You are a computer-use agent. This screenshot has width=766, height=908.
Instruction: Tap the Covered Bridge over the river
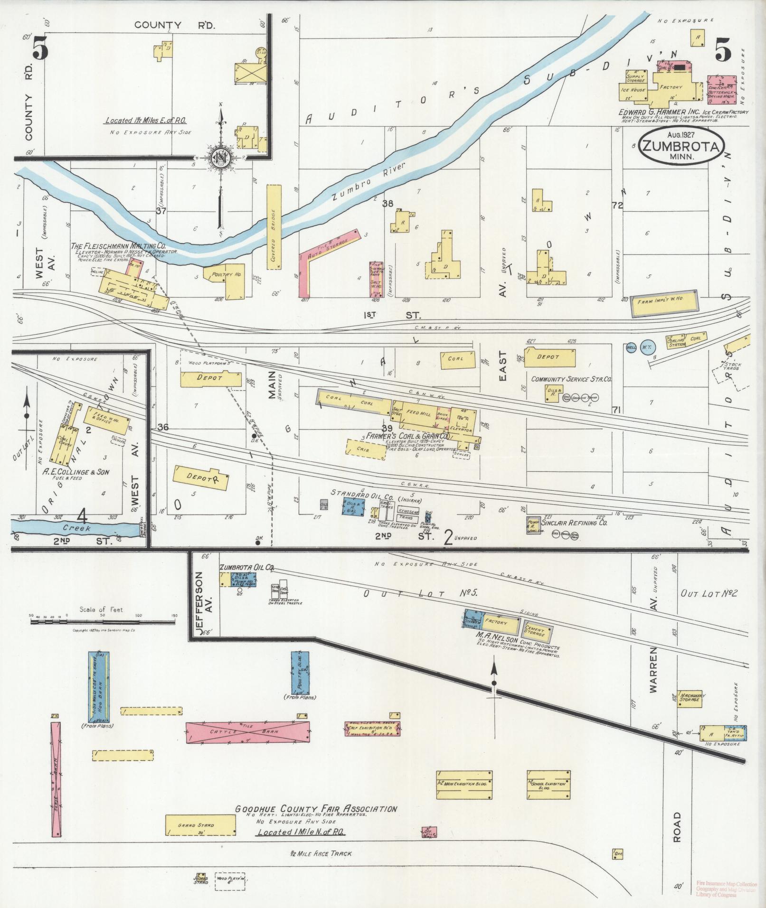click(x=274, y=227)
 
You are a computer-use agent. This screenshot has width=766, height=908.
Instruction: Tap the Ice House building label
click(x=632, y=90)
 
